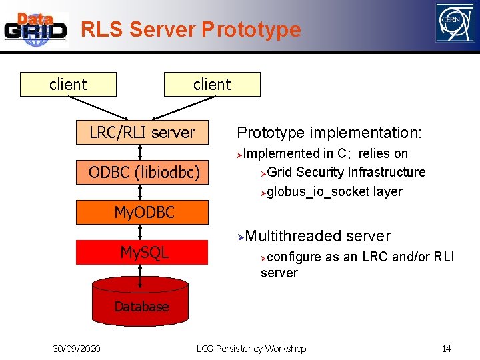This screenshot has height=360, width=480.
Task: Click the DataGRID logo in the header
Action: (x=36, y=29)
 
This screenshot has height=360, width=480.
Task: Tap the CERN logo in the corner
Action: (x=455, y=23)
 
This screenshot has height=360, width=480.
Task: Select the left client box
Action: (x=68, y=85)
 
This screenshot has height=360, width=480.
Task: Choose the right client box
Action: (x=212, y=85)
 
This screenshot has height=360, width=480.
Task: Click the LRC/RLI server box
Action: (x=142, y=133)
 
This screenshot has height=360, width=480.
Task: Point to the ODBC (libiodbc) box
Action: (x=144, y=172)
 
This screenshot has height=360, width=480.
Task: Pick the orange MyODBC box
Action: (x=144, y=213)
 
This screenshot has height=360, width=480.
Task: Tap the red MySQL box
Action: (x=144, y=253)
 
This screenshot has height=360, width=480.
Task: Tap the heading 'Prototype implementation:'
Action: (x=329, y=133)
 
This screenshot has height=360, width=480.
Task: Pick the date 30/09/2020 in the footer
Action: (x=77, y=349)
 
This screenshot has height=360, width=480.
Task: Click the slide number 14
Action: (x=446, y=349)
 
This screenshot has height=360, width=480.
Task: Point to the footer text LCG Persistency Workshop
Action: (x=251, y=349)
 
